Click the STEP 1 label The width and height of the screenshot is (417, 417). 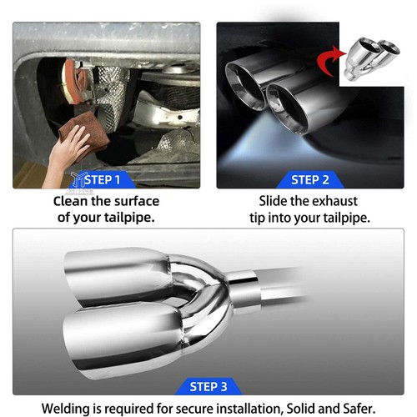(x=103, y=180)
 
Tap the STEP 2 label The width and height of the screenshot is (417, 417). (x=310, y=180)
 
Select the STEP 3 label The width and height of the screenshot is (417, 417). (x=208, y=387)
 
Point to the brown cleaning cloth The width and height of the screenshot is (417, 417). (x=83, y=131)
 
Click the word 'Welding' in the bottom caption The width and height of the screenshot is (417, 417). (x=66, y=409)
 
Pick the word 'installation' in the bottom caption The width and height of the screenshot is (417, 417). (x=249, y=409)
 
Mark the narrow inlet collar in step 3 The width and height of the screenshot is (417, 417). (x=244, y=289)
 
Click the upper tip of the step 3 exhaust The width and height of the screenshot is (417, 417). (x=118, y=277)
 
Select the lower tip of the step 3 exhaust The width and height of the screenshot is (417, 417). (x=123, y=343)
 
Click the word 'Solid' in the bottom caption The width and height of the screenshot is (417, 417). (x=301, y=409)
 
